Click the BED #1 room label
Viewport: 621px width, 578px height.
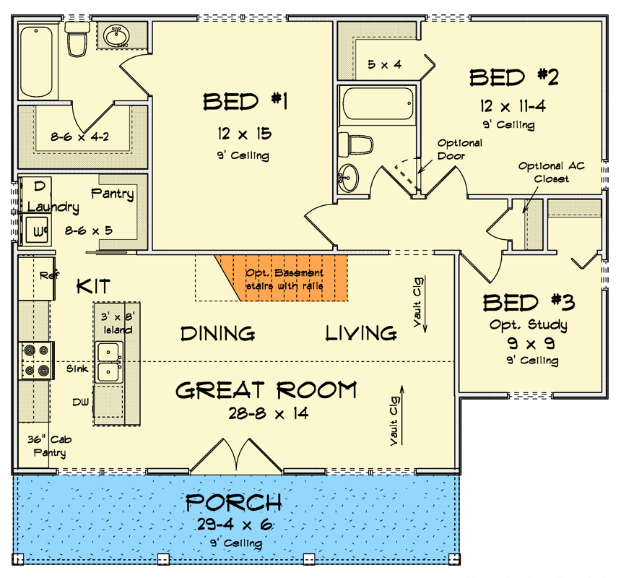[246, 102]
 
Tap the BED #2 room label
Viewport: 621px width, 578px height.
[515, 77]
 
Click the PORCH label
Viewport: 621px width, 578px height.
[234, 503]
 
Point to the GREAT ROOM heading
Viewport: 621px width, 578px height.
[266, 391]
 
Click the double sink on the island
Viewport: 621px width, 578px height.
[109, 362]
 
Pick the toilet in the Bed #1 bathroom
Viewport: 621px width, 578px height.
[76, 40]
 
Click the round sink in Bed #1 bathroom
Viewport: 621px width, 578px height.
[116, 35]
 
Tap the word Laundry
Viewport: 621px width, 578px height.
[53, 207]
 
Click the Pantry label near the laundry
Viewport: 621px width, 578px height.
[112, 194]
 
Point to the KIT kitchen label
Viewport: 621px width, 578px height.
[94, 287]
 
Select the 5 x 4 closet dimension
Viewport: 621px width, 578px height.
[383, 65]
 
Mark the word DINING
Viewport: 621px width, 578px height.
[217, 333]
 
